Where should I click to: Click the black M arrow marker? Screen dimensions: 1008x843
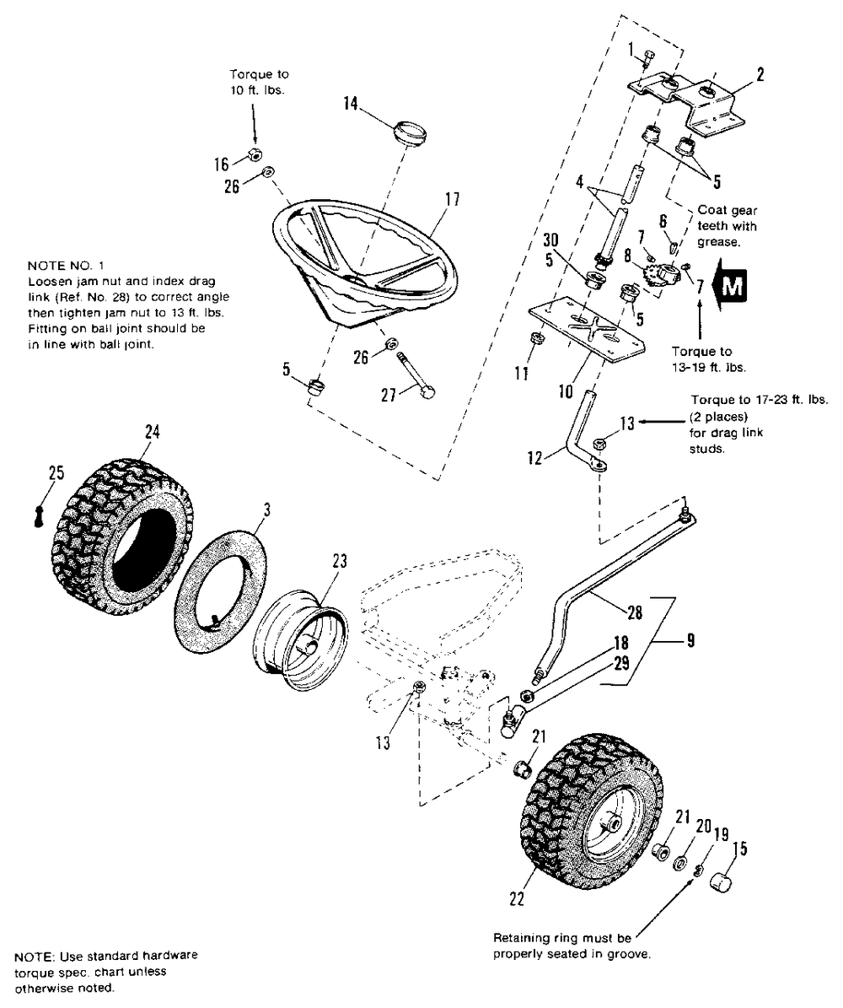click(x=730, y=288)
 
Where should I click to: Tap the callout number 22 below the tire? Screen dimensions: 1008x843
click(x=516, y=899)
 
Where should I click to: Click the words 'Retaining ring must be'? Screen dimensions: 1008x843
click(x=562, y=937)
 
